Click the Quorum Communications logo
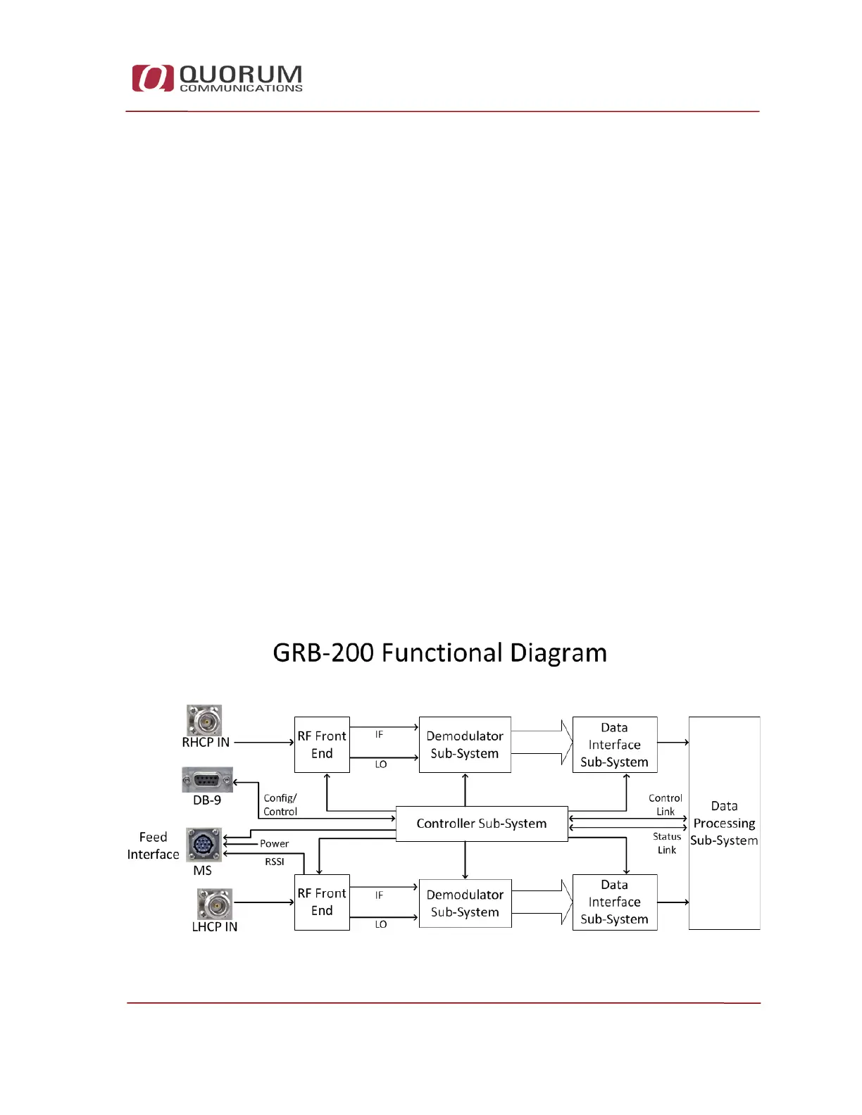(217, 78)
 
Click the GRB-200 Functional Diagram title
(439, 653)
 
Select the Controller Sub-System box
(482, 824)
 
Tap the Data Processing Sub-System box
(724, 823)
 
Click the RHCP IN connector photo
(204, 719)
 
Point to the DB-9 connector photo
(207, 780)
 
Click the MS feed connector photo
(204, 844)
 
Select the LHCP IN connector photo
(214, 903)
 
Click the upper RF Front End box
(322, 745)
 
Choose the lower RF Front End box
(322, 902)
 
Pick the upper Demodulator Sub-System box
(465, 745)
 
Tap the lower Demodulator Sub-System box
(465, 903)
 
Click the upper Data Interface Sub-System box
(614, 745)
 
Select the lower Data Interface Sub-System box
(614, 902)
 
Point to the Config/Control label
(280, 805)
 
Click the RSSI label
(275, 862)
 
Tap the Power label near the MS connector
(274, 843)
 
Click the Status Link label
(667, 843)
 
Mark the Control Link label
(666, 805)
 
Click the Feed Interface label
(153, 845)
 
